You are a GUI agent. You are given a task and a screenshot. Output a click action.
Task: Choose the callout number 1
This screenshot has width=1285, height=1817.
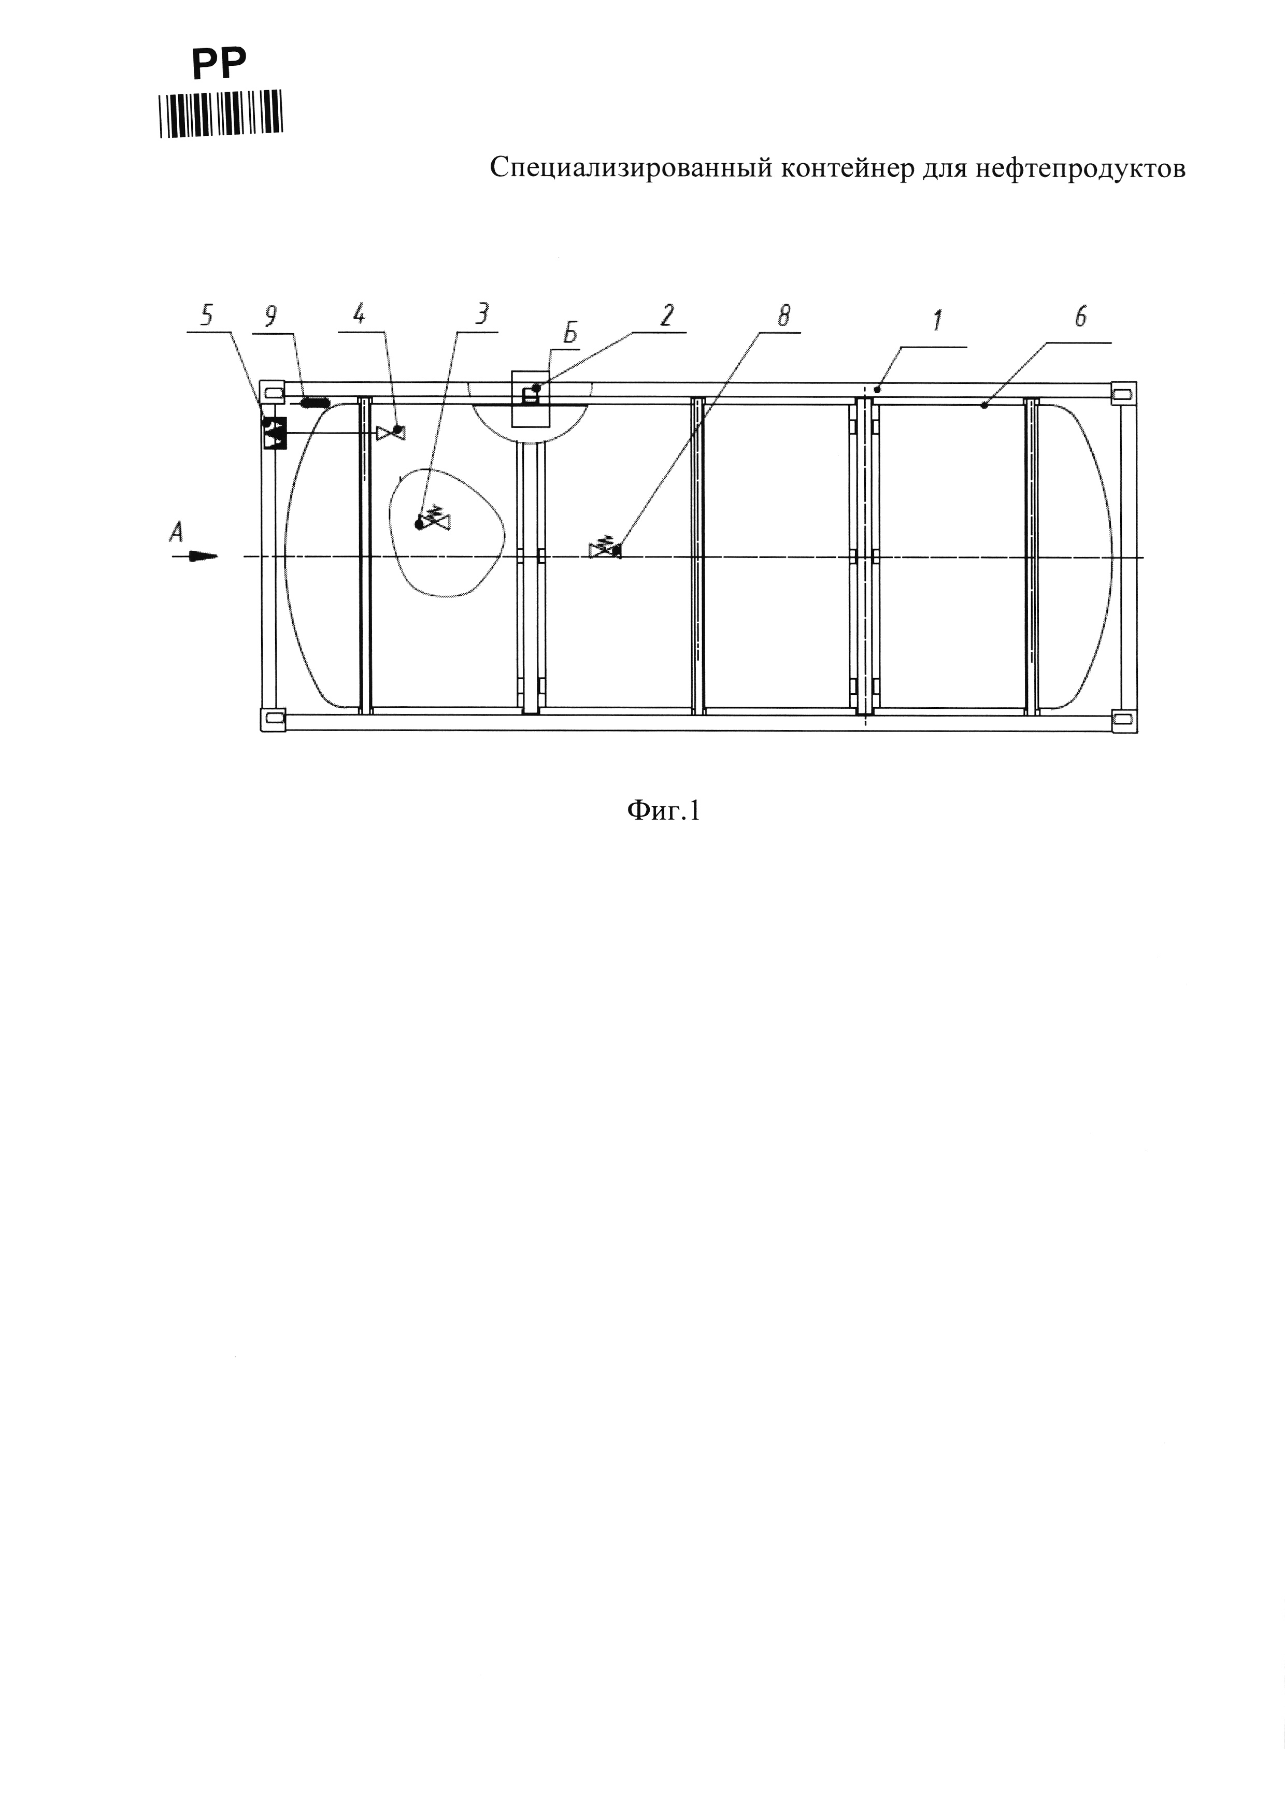(938, 321)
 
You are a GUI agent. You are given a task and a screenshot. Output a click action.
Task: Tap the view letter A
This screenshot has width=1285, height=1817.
(177, 533)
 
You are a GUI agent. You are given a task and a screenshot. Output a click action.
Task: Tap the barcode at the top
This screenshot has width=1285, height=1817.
(221, 115)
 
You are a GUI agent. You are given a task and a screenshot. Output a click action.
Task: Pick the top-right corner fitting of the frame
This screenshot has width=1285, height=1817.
(1123, 393)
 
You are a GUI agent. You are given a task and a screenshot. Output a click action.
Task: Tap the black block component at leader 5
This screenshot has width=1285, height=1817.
(274, 433)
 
